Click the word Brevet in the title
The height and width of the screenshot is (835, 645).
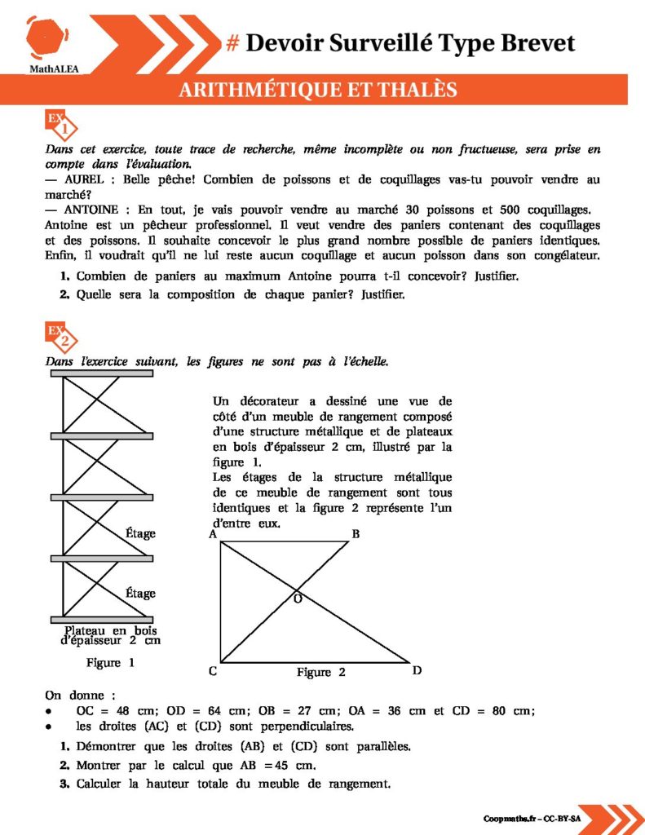pos(535,42)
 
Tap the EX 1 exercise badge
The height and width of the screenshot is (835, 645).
pos(62,126)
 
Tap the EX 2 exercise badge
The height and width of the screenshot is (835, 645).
pos(62,336)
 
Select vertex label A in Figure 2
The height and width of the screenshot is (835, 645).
pos(212,535)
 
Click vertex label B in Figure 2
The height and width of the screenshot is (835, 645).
pos(356,535)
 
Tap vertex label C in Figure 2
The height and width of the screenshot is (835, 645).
pos(212,672)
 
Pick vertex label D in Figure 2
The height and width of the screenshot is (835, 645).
pos(417,671)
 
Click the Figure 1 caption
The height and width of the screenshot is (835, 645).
pos(110,663)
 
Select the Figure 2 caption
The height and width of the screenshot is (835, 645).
pos(320,673)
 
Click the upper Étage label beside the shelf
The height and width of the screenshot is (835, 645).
pos(140,533)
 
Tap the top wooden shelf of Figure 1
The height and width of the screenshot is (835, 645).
pos(103,373)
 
